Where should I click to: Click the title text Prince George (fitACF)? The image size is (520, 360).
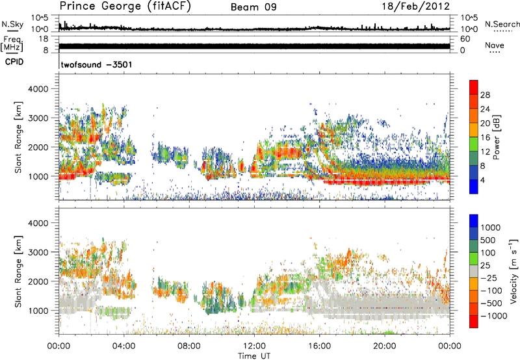point(121,6)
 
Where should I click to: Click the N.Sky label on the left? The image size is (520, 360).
point(12,25)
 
